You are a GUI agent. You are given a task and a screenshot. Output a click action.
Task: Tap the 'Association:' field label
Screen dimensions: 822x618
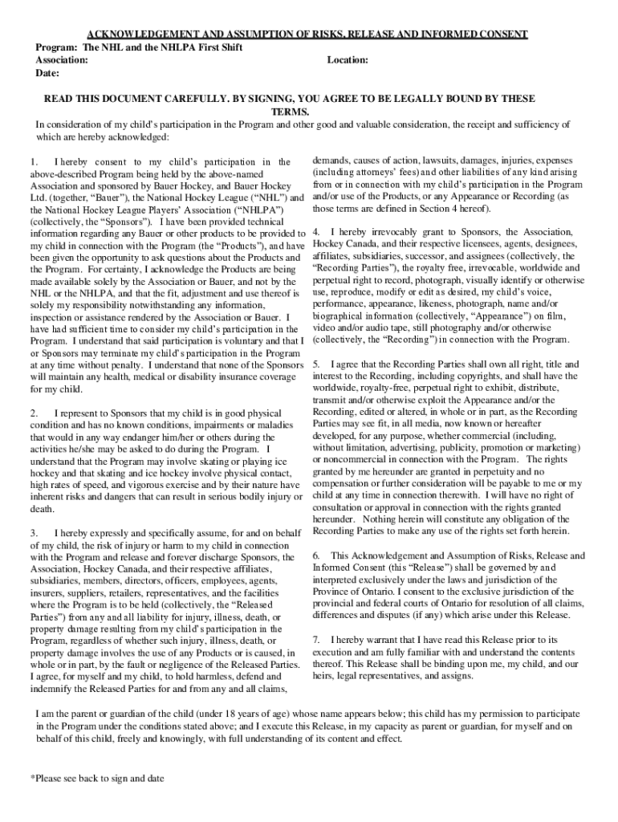(63, 60)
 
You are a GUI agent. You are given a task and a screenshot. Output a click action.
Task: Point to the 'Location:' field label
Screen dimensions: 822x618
(348, 60)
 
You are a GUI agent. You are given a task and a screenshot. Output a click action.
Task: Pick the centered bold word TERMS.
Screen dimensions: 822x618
(290, 112)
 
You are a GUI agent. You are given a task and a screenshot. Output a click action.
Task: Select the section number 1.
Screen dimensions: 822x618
(32, 163)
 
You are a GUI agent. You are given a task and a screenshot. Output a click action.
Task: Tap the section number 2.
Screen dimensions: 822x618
(32, 413)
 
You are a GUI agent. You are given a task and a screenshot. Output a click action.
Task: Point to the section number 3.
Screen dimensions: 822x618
(32, 533)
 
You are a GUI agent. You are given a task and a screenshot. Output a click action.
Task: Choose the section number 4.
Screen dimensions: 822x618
(315, 232)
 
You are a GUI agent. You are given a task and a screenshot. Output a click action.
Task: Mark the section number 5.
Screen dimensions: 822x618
(315, 364)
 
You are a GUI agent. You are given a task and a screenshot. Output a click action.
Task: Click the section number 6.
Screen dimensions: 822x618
(315, 555)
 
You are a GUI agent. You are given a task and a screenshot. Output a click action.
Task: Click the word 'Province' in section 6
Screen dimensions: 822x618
(332, 592)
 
